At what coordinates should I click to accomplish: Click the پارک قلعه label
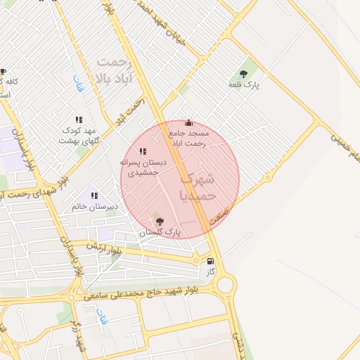[244, 84]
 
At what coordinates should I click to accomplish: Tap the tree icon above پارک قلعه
[244, 73]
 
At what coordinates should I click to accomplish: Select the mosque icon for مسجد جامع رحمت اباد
[188, 122]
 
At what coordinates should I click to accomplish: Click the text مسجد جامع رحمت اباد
[188, 137]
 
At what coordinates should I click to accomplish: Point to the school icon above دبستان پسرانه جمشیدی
[143, 151]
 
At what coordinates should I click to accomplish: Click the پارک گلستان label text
[160, 232]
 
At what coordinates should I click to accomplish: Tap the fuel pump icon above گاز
[210, 261]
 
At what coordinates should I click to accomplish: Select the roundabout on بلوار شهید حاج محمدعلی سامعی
[226, 284]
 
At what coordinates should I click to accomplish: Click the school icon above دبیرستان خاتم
[94, 195]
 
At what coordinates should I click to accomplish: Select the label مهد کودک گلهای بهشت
[79, 136]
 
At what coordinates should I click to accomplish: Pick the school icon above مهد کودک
[78, 120]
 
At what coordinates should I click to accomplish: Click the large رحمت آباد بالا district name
[115, 69]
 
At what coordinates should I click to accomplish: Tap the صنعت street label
[224, 210]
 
